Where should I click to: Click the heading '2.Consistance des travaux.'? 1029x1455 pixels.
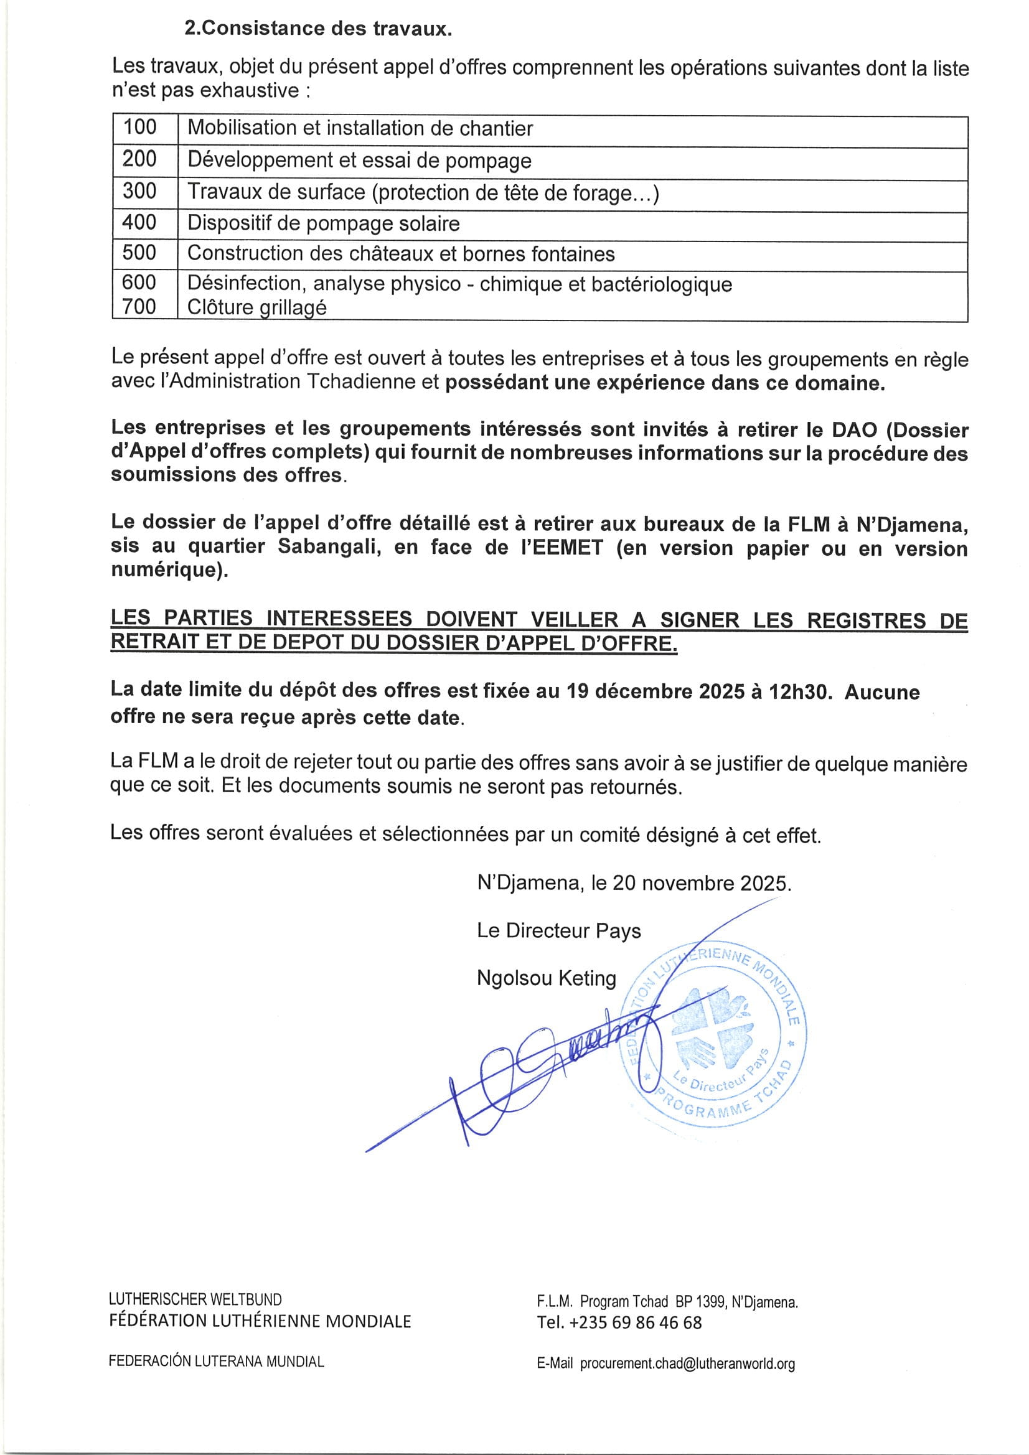point(317,29)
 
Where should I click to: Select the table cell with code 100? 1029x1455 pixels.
point(139,128)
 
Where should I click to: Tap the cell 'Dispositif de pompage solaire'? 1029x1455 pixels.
point(323,223)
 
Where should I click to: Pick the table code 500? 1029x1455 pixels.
point(139,253)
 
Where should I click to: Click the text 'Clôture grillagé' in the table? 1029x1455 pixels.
point(256,307)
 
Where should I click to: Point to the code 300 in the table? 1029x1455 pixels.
point(139,192)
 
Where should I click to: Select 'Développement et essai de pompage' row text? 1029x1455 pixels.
point(359,161)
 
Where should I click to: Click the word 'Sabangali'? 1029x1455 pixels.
point(329,547)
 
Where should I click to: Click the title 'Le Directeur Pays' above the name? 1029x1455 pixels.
point(558,931)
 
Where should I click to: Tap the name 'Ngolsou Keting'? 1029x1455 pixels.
point(546,978)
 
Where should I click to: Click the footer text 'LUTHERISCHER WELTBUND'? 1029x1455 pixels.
point(195,1300)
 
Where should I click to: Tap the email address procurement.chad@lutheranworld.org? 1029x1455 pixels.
point(687,1364)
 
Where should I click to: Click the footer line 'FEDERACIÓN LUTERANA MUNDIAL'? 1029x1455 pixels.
point(216,1361)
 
